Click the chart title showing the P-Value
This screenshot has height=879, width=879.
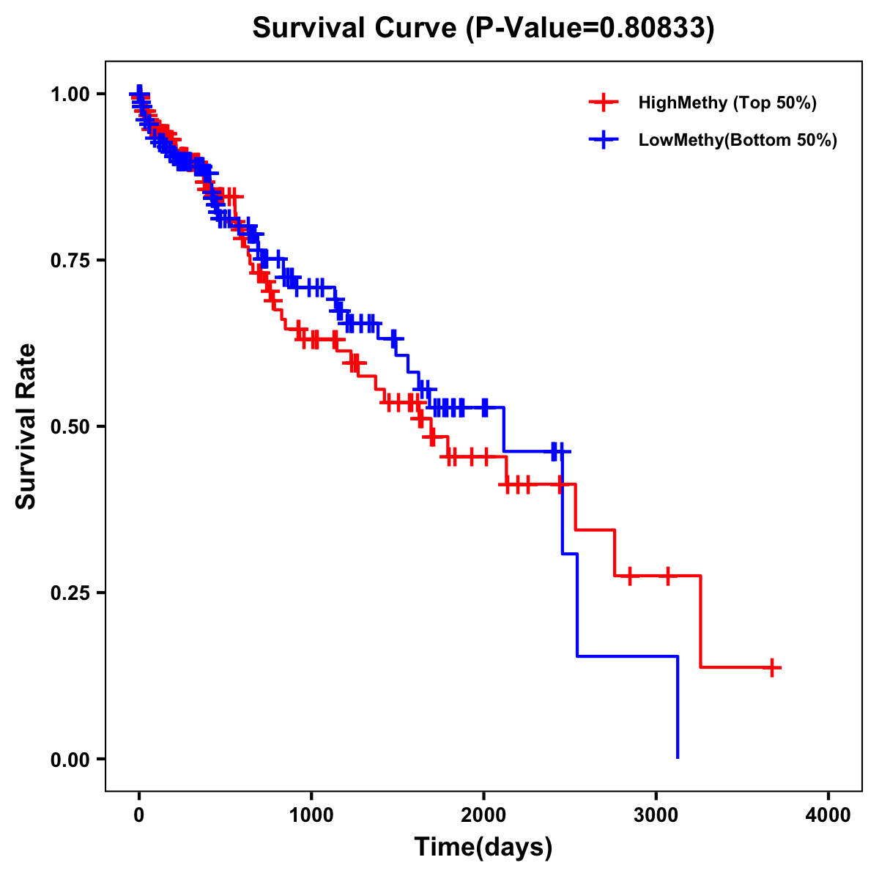tap(483, 28)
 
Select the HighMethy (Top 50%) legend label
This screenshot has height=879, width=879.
tap(727, 103)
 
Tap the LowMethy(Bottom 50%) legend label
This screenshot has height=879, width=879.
tap(738, 140)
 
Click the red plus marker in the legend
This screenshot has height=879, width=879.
tap(603, 103)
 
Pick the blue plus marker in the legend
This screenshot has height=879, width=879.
tap(603, 140)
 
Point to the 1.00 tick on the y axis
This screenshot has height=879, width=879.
tap(70, 94)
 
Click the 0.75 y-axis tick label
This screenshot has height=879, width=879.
tap(70, 260)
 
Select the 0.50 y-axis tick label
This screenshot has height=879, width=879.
tap(70, 426)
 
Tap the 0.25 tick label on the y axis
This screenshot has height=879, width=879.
tap(70, 593)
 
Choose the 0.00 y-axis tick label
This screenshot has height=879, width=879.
tap(70, 759)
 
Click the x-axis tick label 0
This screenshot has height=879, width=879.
tap(139, 815)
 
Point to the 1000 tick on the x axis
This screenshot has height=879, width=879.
tap(311, 815)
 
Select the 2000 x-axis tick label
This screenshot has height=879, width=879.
tap(483, 815)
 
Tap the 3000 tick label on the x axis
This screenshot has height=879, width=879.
tap(656, 815)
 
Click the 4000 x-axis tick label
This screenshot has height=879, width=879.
tap(828, 815)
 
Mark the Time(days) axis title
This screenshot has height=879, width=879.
tap(483, 847)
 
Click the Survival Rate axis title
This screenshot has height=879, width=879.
tap(26, 426)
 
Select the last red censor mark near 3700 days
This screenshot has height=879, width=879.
tap(772, 667)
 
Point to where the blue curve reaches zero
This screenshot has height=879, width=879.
tap(678, 757)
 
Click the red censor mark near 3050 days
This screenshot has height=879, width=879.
tap(667, 576)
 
